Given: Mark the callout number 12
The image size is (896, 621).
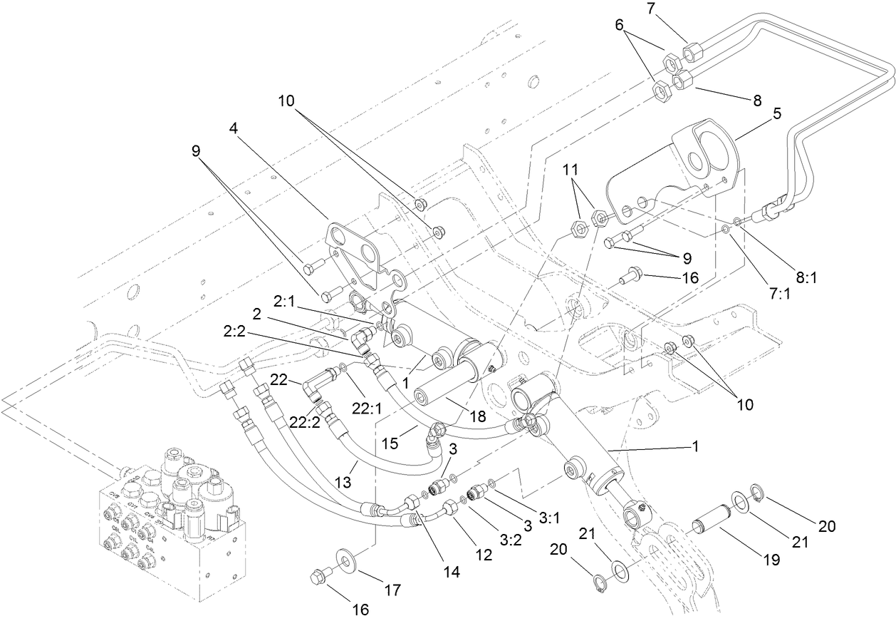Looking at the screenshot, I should tap(484, 554).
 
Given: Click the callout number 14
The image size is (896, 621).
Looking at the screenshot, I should tap(451, 571).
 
